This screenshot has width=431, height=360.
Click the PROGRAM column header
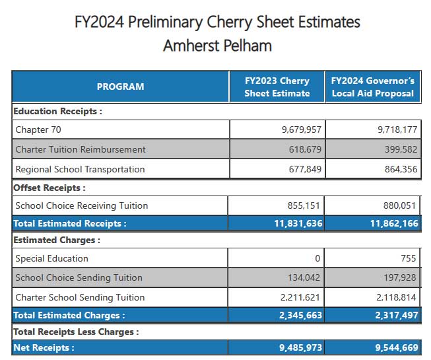pyautogui.click(x=120, y=87)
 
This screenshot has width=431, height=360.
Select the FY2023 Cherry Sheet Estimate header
pyautogui.click(x=277, y=87)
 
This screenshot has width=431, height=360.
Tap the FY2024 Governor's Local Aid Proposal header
pyautogui.click(x=373, y=87)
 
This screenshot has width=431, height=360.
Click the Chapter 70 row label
pyautogui.click(x=38, y=129)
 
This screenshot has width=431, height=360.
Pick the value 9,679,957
pyautogui.click(x=302, y=129)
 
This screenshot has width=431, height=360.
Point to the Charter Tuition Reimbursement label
pyautogui.click(x=81, y=149)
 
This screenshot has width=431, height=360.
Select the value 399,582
pyautogui.click(x=401, y=149)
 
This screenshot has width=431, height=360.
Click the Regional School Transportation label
pyautogui.click(x=80, y=169)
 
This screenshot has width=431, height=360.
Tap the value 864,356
pyautogui.click(x=401, y=169)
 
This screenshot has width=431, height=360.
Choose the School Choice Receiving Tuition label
pyautogui.click(x=82, y=205)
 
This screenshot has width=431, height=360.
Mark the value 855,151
pyautogui.click(x=304, y=205)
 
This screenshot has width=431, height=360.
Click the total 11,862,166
pyautogui.click(x=394, y=223)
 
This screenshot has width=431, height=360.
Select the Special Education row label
pyautogui.click(x=51, y=258)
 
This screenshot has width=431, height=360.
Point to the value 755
pyautogui.click(x=408, y=258)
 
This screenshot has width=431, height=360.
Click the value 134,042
pyautogui.click(x=304, y=277)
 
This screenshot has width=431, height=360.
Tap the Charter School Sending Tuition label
pyautogui.click(x=80, y=297)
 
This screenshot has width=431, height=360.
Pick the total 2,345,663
pyautogui.click(x=300, y=315)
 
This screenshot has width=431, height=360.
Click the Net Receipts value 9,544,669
pyautogui.click(x=397, y=347)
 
